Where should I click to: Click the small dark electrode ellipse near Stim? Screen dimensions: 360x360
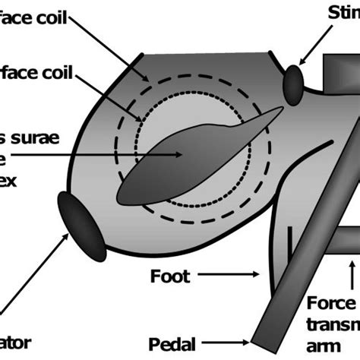tap(293, 85)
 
